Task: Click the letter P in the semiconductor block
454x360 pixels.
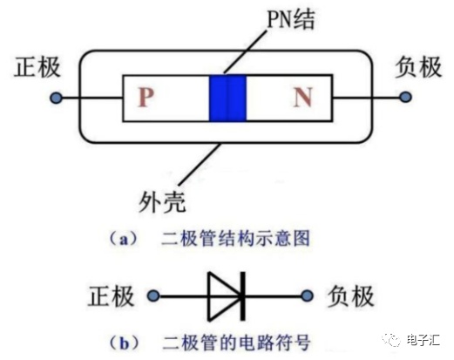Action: click(146, 97)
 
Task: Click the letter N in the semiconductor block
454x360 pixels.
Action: click(303, 97)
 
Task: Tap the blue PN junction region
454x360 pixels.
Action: click(227, 98)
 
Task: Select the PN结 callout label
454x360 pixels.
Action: click(290, 19)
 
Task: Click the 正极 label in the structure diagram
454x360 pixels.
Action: click(37, 67)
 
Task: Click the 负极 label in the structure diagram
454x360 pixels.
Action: click(418, 67)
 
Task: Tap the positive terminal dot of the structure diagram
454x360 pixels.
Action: click(56, 98)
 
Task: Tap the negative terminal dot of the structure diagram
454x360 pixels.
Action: click(405, 97)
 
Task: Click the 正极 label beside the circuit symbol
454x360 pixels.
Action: click(112, 296)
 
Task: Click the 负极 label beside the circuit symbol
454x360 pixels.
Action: click(351, 296)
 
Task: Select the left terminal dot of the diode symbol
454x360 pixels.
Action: click(153, 296)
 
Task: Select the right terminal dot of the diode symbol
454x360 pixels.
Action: click(308, 296)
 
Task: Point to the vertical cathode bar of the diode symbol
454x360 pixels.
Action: click(243, 296)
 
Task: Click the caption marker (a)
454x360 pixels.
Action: click(124, 239)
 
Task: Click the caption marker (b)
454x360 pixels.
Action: click(125, 343)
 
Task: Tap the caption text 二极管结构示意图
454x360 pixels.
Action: click(235, 239)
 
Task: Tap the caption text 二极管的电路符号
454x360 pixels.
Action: click(236, 343)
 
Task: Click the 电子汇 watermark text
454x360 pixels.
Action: click(423, 340)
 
